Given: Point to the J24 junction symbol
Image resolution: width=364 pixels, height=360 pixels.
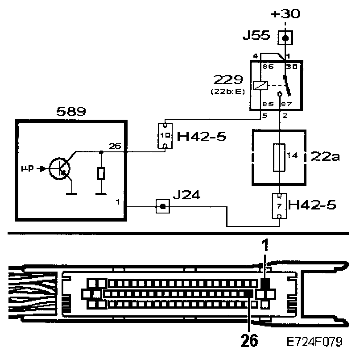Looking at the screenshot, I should point(162,206).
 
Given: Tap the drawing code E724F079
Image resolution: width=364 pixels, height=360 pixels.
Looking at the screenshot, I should point(315,342).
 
